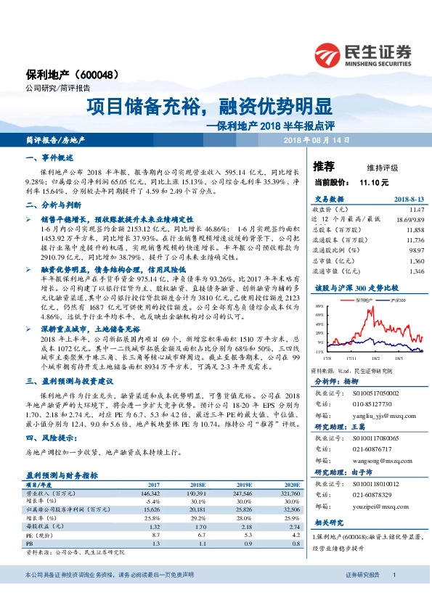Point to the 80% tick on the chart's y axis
(320, 307)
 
